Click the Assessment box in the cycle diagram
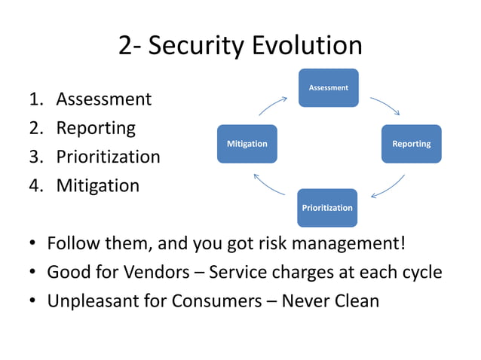click(x=328, y=88)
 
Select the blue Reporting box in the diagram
click(x=411, y=144)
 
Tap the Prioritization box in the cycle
click(x=327, y=207)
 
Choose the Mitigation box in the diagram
click(x=247, y=144)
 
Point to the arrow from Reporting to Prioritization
click(x=388, y=187)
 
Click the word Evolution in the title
click(x=305, y=46)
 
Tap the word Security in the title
click(x=193, y=46)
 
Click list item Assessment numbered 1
click(x=103, y=99)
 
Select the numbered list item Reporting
click(x=96, y=128)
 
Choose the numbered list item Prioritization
click(x=108, y=157)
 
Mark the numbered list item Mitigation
click(x=97, y=185)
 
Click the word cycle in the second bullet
click(x=421, y=272)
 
